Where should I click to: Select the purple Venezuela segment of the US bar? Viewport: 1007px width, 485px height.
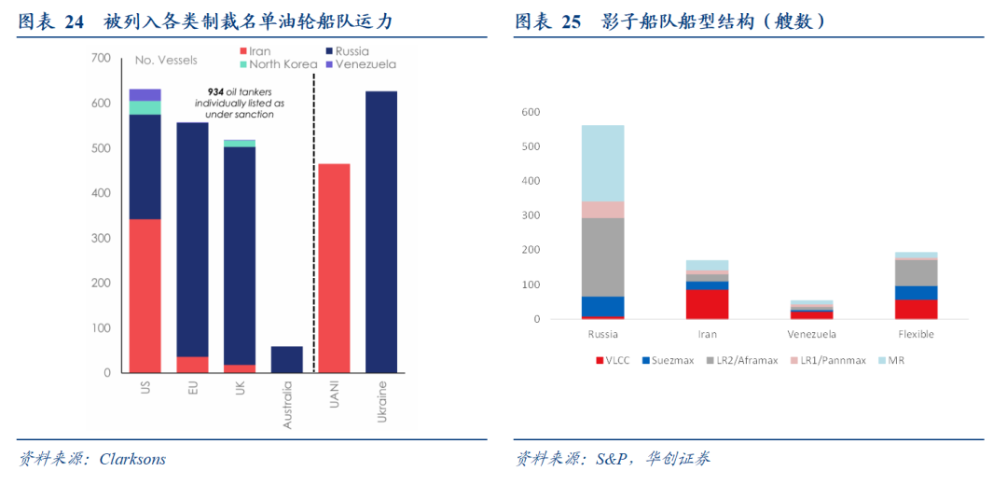point(145,94)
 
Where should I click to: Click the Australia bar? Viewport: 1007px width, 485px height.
point(286,359)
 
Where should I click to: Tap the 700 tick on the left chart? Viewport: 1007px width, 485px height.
point(101,59)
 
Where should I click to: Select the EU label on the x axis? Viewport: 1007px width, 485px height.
point(192,388)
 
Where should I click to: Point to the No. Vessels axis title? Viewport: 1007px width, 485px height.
point(166,61)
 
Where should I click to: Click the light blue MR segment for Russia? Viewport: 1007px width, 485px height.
point(602,162)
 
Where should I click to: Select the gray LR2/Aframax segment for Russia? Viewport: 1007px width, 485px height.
point(602,256)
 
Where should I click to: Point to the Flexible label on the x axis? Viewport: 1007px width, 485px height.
point(915,334)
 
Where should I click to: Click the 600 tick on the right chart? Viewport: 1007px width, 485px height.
point(531,112)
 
